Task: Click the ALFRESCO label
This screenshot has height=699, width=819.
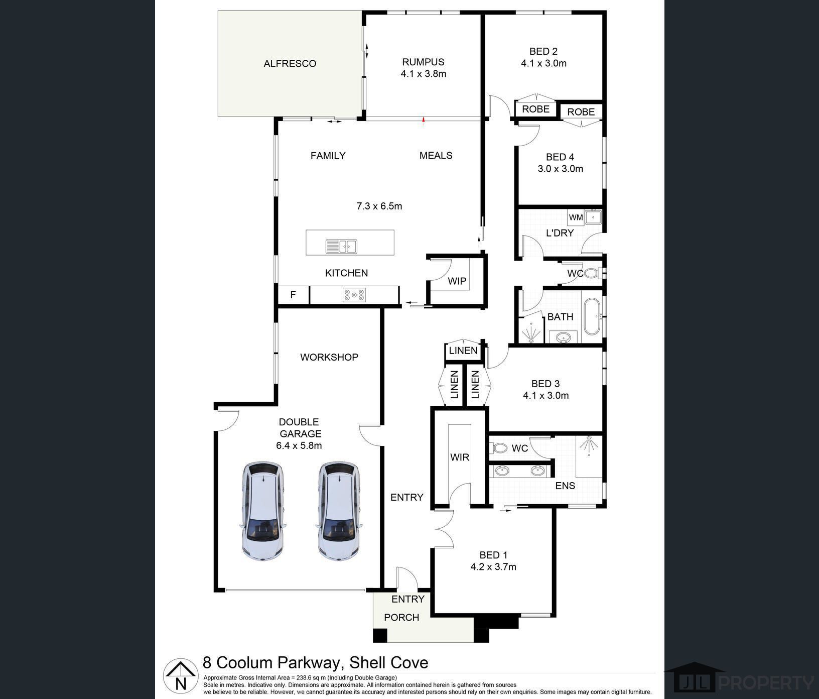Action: [290, 64]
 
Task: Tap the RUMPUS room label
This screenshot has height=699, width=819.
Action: [423, 62]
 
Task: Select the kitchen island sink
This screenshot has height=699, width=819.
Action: [341, 247]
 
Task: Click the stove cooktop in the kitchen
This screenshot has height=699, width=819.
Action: [354, 295]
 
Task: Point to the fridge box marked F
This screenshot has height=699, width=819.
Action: [294, 295]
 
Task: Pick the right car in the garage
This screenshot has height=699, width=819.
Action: [339, 511]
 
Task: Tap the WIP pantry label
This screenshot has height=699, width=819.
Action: [457, 281]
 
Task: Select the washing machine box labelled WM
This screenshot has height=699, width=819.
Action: [576, 217]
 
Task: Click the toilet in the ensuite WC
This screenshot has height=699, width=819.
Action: [499, 447]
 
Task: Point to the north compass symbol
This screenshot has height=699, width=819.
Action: [181, 674]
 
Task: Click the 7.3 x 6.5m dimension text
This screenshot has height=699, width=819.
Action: [379, 206]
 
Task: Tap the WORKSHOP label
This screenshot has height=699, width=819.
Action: [329, 357]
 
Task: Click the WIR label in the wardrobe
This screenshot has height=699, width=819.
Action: [460, 457]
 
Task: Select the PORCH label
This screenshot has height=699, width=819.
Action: [401, 617]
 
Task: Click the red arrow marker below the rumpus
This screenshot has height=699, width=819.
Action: [424, 120]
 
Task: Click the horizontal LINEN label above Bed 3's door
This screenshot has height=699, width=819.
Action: [463, 351]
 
